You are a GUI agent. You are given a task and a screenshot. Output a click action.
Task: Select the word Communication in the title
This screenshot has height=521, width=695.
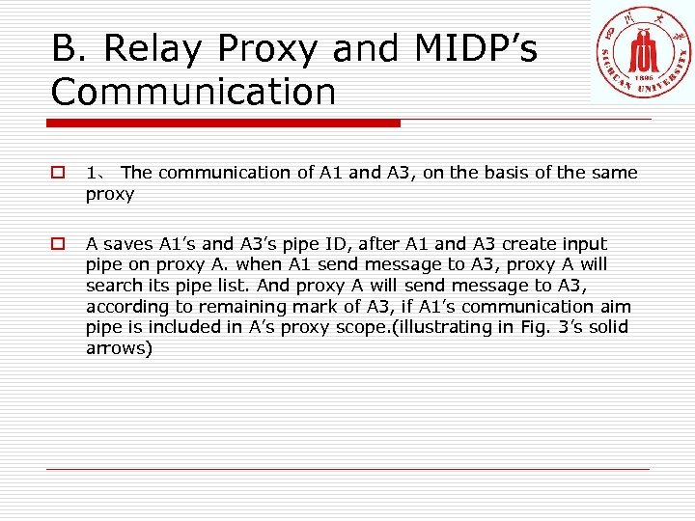(194, 92)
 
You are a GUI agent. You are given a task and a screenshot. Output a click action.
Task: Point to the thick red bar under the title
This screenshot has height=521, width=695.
(224, 123)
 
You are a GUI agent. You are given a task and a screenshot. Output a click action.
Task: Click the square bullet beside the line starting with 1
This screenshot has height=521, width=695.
(58, 174)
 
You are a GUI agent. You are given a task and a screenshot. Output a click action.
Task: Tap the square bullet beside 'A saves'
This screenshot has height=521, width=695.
(58, 245)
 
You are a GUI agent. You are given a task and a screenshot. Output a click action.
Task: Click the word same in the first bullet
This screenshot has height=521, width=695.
(614, 173)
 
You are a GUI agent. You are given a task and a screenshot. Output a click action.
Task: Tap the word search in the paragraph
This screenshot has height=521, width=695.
(113, 286)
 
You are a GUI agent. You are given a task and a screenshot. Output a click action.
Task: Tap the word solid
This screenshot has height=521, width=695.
(605, 327)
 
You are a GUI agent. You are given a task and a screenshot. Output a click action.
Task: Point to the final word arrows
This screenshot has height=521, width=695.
(116, 348)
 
